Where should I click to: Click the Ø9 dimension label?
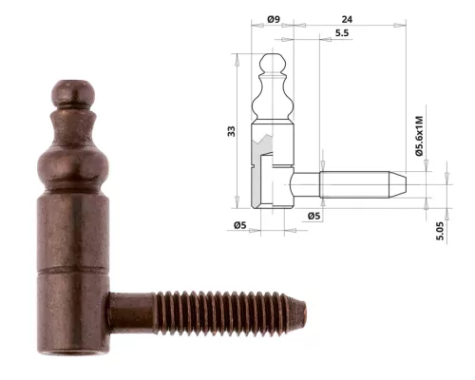click(273, 19)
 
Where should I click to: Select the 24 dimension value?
click(348, 19)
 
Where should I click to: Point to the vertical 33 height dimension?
click(230, 130)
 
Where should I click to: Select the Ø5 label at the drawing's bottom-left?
click(240, 224)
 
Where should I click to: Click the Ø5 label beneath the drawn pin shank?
click(314, 216)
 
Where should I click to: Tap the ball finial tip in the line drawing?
click(273, 62)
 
